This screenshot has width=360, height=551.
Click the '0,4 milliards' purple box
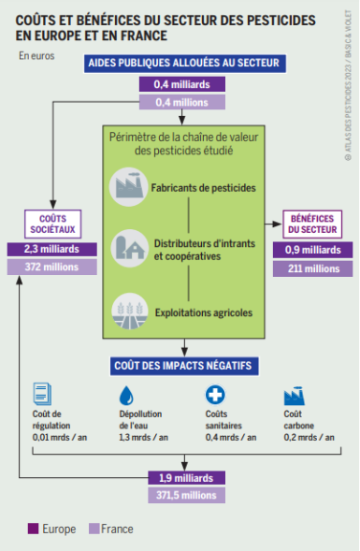182,84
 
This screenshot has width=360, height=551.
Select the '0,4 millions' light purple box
182,102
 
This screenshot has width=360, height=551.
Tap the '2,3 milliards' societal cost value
51,249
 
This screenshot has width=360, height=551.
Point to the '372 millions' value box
51,268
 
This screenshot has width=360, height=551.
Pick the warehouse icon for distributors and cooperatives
126,248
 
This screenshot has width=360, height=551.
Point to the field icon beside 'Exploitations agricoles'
126,309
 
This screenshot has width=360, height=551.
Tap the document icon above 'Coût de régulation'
41,394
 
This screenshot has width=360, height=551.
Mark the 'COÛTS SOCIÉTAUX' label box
51,222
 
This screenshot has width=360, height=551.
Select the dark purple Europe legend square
33,529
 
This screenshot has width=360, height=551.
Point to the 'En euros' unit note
37,55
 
